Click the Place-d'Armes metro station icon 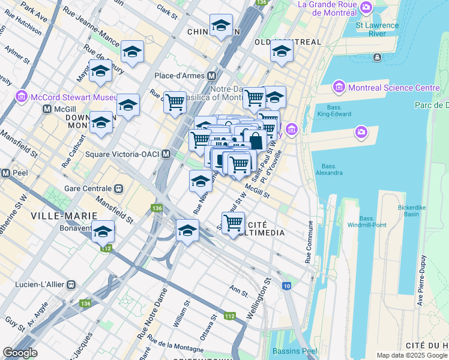211,76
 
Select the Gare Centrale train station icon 119,187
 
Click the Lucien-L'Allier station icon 71,284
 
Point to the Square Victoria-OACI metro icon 165,154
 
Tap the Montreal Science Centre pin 339,88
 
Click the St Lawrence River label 377,29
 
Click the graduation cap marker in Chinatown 221,25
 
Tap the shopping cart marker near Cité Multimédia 233,223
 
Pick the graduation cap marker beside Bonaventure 103,231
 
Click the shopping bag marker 255,141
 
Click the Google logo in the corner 20,353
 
